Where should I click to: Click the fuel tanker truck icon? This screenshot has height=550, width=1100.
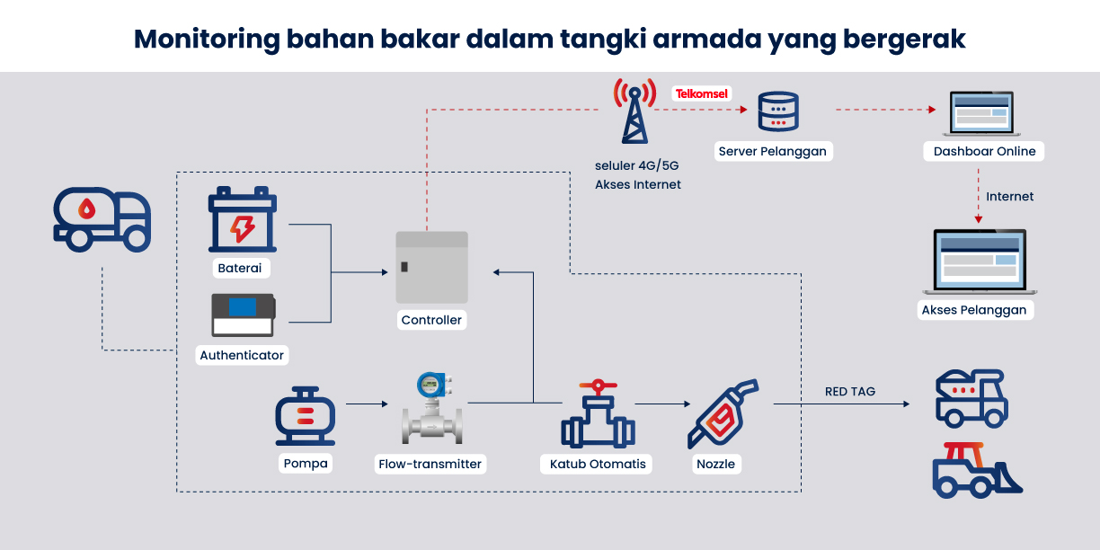(x=102, y=219)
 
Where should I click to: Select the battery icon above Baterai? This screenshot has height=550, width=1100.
(x=242, y=219)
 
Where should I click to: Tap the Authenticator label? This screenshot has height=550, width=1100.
(x=242, y=355)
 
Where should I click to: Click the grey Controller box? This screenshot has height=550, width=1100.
(x=431, y=267)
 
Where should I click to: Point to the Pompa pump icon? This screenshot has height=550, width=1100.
(x=305, y=417)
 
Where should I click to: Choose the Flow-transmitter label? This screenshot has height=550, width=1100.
(x=430, y=465)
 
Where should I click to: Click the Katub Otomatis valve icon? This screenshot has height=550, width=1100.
(x=598, y=414)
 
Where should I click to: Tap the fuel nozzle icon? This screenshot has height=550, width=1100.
(x=723, y=413)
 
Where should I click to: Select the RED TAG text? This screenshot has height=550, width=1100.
(x=849, y=391)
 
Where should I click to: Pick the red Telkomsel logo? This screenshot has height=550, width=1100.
(x=702, y=93)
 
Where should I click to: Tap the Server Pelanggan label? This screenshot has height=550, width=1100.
(x=772, y=151)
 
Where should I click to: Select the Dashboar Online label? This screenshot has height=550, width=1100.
(x=984, y=151)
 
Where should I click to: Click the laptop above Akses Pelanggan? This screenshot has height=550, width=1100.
(x=980, y=262)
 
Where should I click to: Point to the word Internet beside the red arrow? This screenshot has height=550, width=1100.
(x=1009, y=196)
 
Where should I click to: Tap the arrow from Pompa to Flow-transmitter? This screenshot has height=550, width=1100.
(x=366, y=404)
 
